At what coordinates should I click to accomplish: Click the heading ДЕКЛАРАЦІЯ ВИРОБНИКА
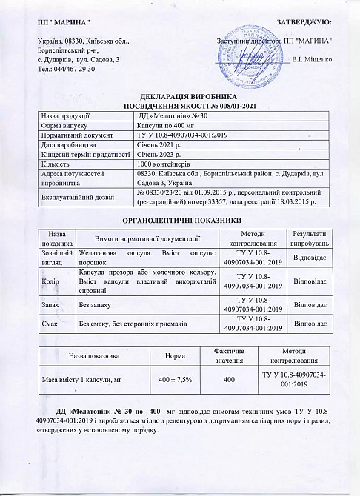click(180, 98)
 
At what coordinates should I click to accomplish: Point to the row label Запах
click(48, 304)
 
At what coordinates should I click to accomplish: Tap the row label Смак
click(47, 323)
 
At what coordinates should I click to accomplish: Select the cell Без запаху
click(96, 304)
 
